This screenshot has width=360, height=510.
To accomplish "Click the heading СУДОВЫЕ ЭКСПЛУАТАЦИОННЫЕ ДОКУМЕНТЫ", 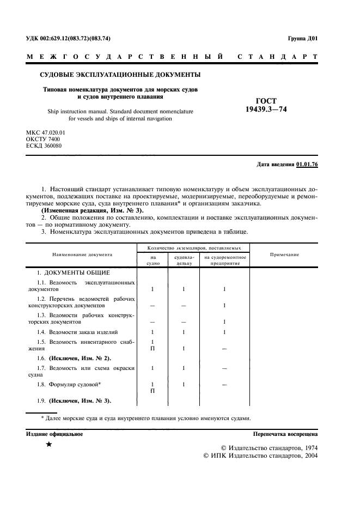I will coord(120,74).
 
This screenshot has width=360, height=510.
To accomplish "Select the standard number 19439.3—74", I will coord(265,108).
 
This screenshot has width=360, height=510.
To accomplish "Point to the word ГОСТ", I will coord(265,100).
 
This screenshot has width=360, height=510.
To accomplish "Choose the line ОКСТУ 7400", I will coord(43,139).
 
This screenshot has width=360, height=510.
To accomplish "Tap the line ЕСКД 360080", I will coord(44,147).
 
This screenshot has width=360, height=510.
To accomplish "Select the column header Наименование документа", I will coord(82,254).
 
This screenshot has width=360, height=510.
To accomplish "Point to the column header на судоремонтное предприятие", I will coord(225,260).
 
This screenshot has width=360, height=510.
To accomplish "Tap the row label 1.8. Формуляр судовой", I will coord(71,385).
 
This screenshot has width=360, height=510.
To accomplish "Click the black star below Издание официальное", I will coord(49,445).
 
